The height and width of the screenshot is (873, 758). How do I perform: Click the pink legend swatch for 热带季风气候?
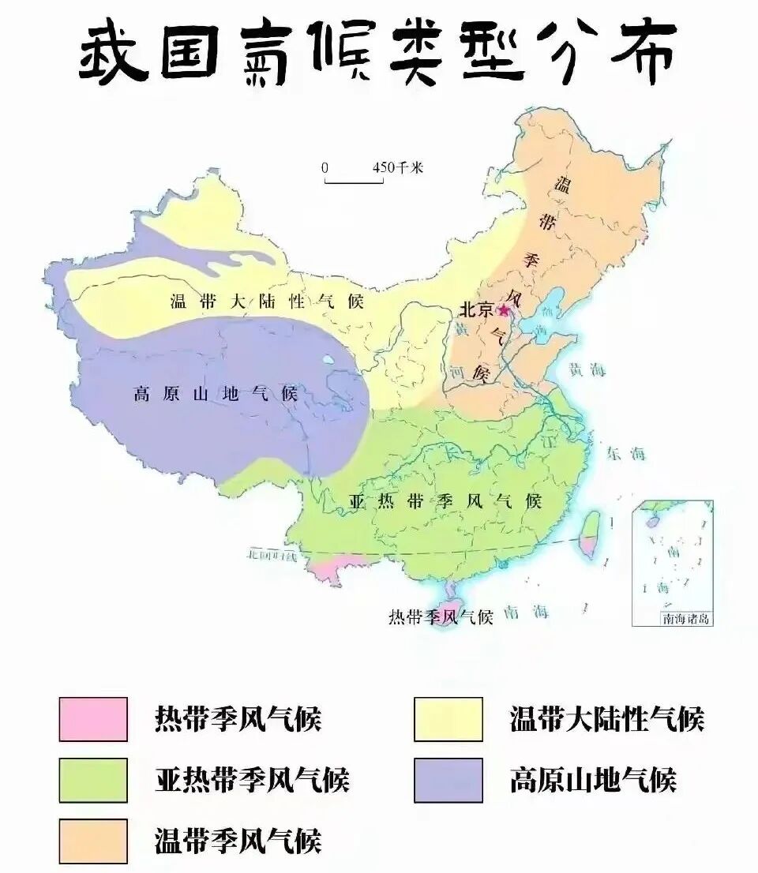click(93, 719)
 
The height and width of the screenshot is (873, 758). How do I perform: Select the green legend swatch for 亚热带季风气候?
click(93, 780)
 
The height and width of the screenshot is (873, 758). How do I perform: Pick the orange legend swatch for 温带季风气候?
click(93, 841)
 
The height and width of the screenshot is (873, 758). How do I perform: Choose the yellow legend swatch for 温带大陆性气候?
click(448, 719)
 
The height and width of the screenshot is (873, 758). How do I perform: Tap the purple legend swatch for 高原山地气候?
click(448, 780)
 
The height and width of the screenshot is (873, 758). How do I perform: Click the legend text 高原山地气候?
click(593, 780)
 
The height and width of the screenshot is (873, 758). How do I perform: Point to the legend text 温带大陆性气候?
click(606, 719)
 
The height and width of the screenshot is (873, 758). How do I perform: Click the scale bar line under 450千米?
click(354, 182)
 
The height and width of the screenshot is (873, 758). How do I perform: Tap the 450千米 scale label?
click(398, 167)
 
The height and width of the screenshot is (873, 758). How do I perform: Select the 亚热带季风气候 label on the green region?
click(445, 501)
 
